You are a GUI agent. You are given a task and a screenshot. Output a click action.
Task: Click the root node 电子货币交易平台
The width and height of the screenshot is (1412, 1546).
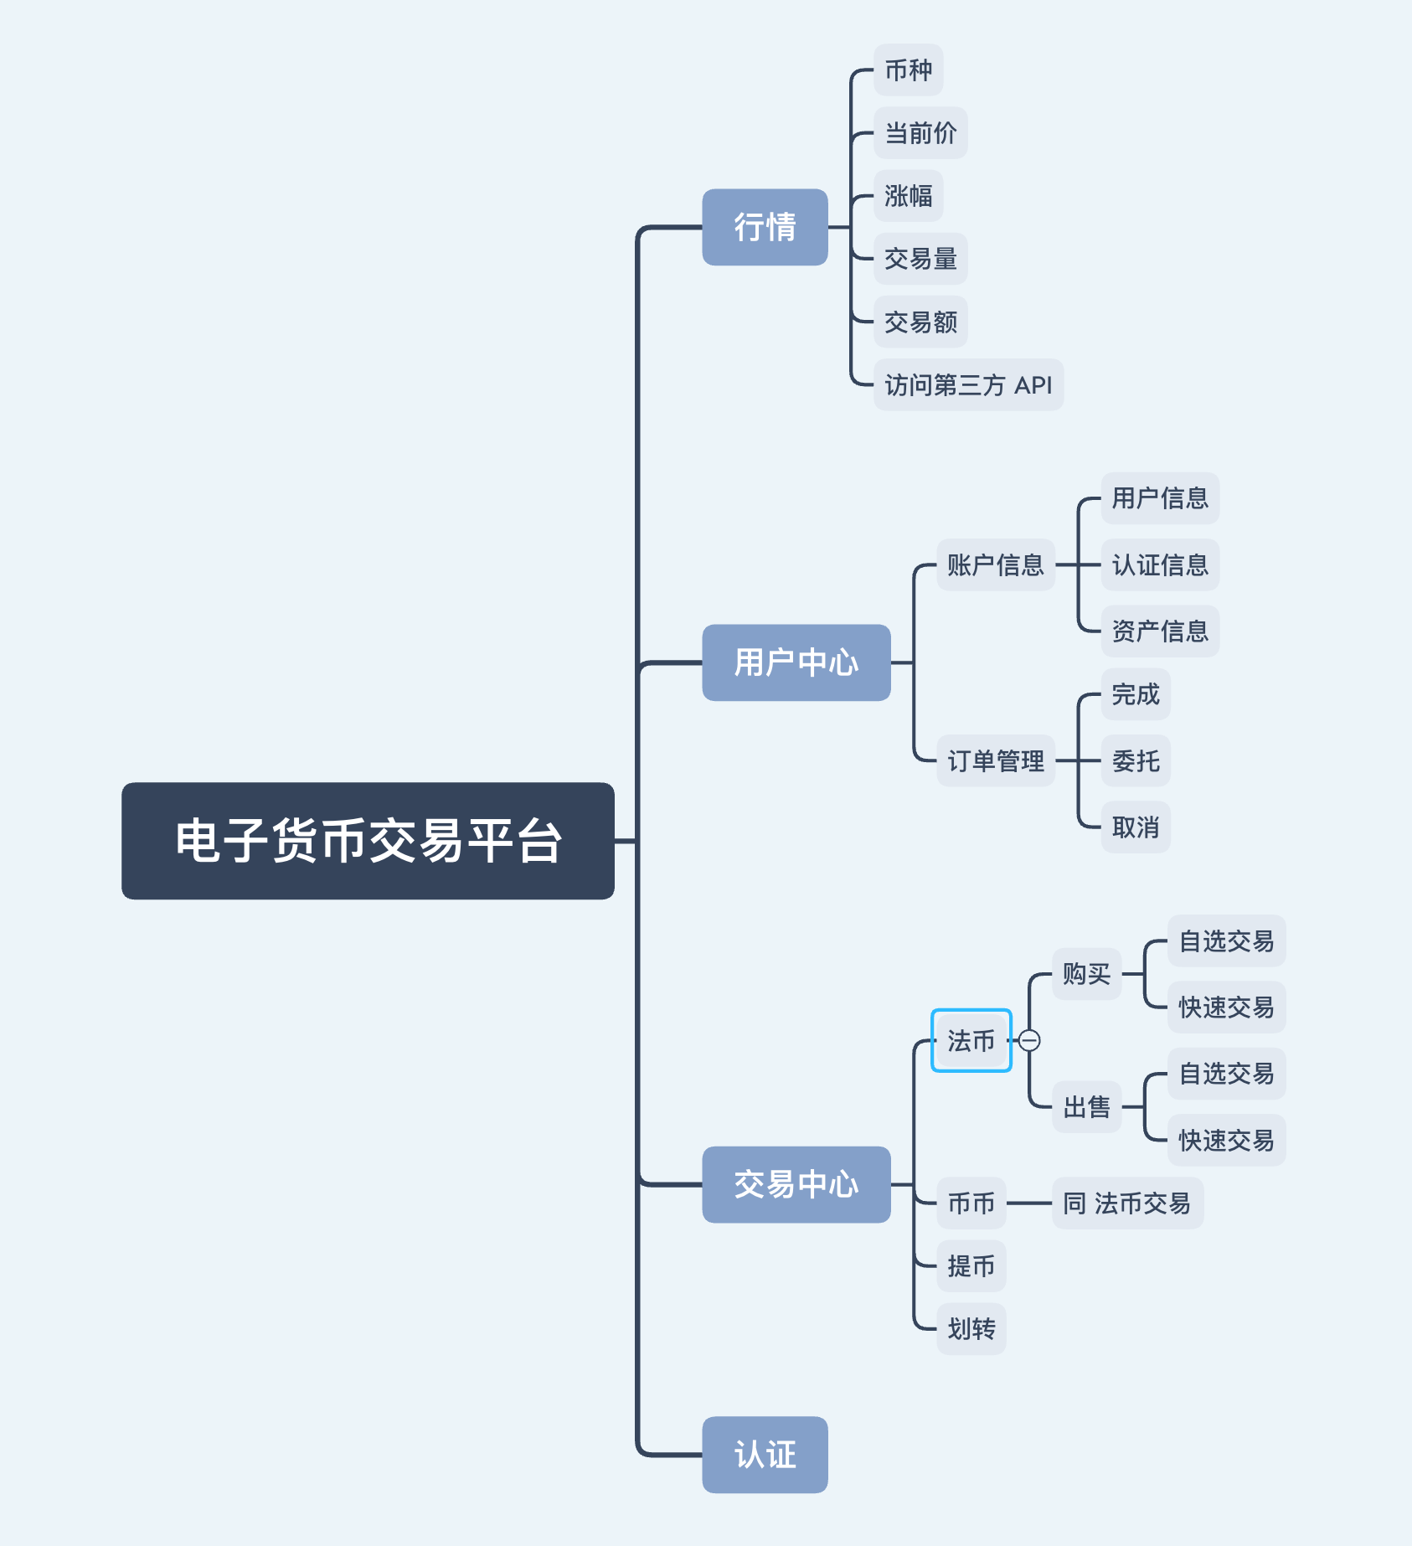click(368, 841)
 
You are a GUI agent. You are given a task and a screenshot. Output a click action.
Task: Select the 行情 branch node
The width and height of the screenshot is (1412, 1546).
click(765, 227)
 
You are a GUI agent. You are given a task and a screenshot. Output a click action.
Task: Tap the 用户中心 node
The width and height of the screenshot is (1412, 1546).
click(796, 662)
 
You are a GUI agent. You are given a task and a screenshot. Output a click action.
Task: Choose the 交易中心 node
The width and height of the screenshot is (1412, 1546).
click(796, 1184)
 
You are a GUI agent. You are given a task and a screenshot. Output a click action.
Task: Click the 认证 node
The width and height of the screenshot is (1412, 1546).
click(765, 1455)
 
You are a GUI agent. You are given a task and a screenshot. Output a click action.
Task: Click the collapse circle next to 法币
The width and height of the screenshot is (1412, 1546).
click(1029, 1040)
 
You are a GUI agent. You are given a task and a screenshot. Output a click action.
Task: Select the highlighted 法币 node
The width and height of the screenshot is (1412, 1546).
click(971, 1040)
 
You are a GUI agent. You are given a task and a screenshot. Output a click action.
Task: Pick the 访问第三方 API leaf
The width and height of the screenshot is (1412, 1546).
click(968, 385)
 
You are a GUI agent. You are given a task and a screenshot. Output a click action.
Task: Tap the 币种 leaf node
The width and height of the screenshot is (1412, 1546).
click(908, 70)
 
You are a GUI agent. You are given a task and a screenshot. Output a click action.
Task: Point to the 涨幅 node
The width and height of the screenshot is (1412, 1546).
click(908, 196)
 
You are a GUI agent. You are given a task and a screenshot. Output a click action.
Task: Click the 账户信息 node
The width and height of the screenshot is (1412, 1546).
click(995, 565)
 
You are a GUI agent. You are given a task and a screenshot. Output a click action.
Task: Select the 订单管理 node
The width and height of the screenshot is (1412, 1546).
click(995, 760)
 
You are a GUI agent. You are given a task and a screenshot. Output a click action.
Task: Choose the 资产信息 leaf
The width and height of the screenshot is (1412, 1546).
click(1159, 631)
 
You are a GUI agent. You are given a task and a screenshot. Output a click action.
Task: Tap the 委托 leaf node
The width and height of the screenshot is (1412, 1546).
click(1135, 760)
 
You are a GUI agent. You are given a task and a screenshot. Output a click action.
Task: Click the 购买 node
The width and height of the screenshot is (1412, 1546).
click(1086, 974)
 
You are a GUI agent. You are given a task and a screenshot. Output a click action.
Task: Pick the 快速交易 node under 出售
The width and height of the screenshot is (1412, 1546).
click(1226, 1140)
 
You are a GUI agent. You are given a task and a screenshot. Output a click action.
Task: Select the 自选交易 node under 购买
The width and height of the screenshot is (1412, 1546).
click(1226, 941)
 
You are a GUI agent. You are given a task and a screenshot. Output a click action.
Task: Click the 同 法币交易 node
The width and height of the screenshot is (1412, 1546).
click(1127, 1203)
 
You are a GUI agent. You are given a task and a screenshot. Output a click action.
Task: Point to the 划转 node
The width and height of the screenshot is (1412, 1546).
click(971, 1329)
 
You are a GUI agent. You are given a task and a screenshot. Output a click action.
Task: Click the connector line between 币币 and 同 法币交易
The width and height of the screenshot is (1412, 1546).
click(1029, 1203)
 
